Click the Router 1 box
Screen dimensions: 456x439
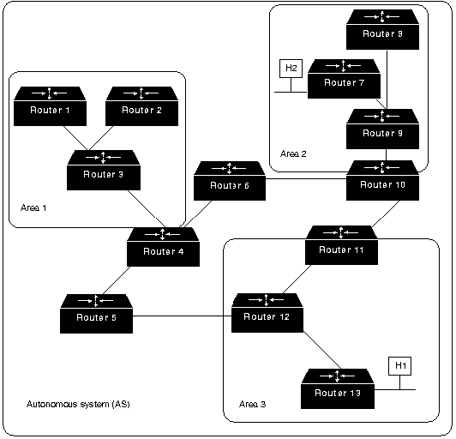point(50,106)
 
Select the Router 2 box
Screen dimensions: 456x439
point(142,106)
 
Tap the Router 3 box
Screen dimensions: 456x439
point(104,170)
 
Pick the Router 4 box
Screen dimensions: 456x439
point(163,247)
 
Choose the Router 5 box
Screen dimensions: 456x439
point(96,314)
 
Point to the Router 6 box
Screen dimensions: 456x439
point(230,181)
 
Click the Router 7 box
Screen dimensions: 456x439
point(344,79)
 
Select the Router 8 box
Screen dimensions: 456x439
point(382,29)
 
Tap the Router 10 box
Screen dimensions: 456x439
point(382,180)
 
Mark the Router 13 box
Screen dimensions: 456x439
point(338,389)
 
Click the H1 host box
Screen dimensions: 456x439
point(400,366)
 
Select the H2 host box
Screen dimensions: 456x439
point(291,69)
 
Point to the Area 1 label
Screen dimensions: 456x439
point(33,208)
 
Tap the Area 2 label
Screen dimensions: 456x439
point(293,153)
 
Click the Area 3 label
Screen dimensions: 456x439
point(252,404)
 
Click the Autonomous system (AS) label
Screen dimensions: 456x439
point(78,404)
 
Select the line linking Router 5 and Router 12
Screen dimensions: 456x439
point(182,316)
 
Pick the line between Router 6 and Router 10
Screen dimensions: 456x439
point(306,178)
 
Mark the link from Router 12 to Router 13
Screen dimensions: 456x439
point(322,351)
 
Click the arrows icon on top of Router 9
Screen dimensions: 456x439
point(381,116)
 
